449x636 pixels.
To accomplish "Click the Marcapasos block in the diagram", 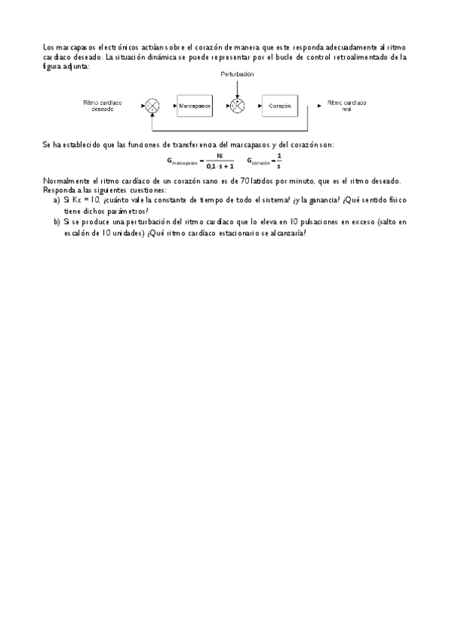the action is [x=194, y=106].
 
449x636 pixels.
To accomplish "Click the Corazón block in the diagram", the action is [x=280, y=106].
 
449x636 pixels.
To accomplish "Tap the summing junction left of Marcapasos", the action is [x=152, y=106].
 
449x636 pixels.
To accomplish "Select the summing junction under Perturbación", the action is [x=237, y=106].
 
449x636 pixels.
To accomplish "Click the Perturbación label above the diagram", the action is [x=238, y=74].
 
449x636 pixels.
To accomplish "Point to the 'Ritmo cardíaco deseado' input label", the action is [x=103, y=106].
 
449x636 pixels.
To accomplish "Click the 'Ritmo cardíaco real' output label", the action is [x=346, y=106].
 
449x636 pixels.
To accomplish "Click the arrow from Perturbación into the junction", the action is [x=237, y=88].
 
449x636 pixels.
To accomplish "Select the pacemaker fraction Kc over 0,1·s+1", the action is [x=220, y=160].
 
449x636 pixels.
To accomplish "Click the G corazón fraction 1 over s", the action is [x=278, y=160].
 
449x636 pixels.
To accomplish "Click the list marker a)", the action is [x=56, y=202].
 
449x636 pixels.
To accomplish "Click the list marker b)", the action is [x=56, y=223].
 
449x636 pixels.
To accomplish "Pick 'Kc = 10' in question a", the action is [x=80, y=202].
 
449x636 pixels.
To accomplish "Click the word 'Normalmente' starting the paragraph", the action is [x=65, y=181].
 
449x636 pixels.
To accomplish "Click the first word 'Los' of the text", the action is [x=49, y=47].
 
